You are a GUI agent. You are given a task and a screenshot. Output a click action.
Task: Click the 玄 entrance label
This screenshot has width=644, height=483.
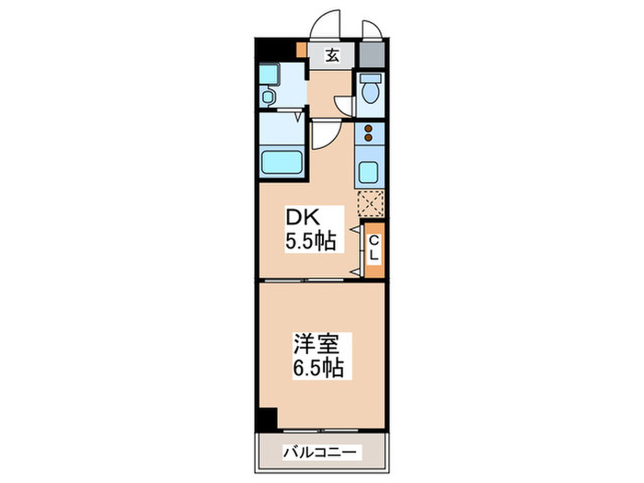click(331, 55)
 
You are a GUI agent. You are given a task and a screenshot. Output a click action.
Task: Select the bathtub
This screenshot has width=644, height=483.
click(282, 163)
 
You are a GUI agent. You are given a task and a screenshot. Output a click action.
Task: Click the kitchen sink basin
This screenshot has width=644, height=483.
click(370, 172)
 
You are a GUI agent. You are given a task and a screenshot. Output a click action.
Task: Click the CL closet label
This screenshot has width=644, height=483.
click(374, 247)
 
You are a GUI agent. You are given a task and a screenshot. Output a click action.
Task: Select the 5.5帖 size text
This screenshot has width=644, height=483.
click(310, 242)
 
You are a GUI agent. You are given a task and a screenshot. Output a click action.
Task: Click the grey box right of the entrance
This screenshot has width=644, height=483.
click(372, 53)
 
